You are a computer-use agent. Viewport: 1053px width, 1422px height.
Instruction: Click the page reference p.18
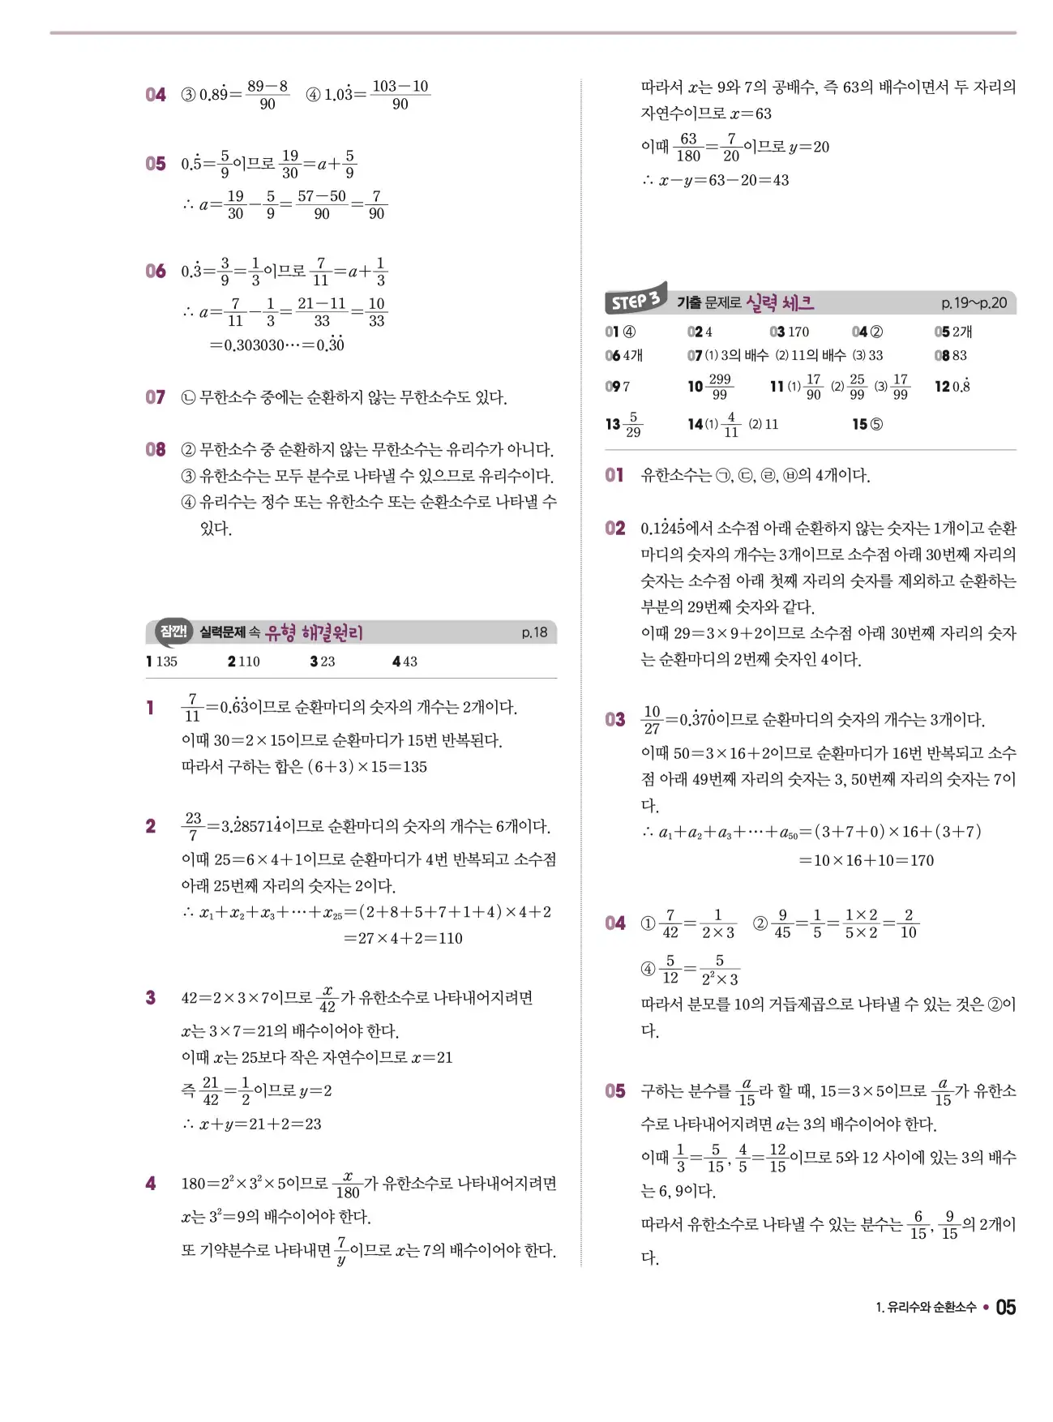coord(534,632)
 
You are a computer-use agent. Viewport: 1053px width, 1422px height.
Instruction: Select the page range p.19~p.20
coord(974,303)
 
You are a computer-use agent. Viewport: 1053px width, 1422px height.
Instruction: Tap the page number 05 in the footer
coord(1005,1307)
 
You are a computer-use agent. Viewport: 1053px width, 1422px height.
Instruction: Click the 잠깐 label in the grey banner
coord(173,631)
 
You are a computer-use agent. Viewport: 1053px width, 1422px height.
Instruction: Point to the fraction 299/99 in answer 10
coord(719,387)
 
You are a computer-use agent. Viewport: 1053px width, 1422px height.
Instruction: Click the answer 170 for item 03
coord(798,332)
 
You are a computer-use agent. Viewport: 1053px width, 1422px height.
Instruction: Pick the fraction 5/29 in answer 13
coord(633,424)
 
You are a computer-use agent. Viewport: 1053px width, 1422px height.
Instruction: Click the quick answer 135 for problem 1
coord(166,662)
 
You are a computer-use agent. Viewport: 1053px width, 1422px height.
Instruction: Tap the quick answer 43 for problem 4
coord(409,662)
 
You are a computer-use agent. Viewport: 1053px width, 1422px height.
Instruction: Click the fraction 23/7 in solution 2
coord(193,826)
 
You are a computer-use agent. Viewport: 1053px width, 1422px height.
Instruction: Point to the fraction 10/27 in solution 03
coord(652,719)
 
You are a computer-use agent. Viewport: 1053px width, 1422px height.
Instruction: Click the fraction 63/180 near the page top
coord(688,147)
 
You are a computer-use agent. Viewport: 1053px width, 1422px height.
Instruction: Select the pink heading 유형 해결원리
coord(315,632)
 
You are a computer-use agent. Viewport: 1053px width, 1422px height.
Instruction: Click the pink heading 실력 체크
coord(779,303)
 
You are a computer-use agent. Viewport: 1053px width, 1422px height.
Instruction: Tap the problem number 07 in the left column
coord(155,397)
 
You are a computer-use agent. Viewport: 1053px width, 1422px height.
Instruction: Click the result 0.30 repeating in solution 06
coord(330,345)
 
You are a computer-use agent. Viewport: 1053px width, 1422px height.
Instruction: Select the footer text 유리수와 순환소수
coord(931,1308)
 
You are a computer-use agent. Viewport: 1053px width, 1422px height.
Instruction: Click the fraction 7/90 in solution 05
coord(376,205)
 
